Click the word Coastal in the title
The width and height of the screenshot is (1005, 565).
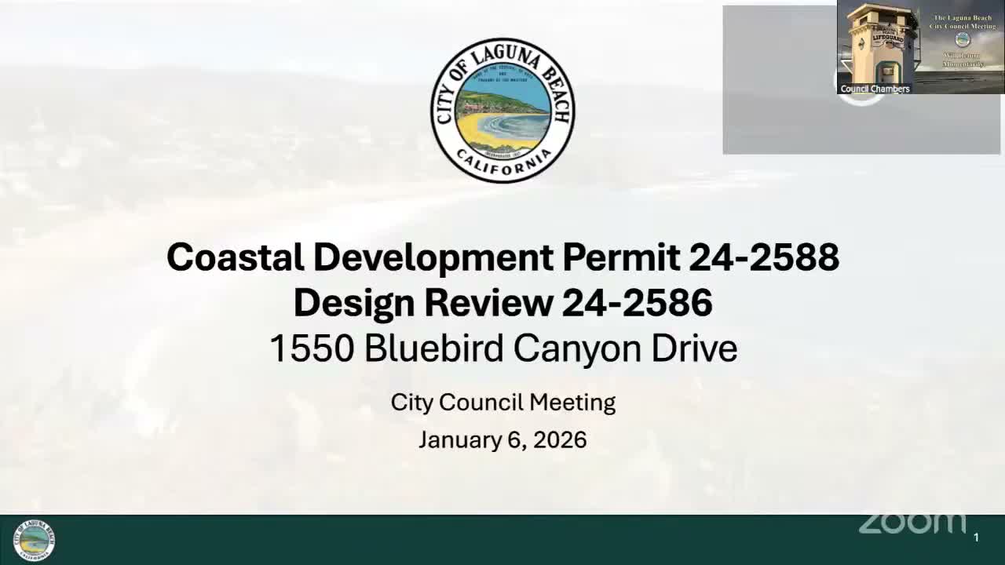[x=235, y=257]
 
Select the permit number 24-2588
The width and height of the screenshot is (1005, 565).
[x=764, y=257]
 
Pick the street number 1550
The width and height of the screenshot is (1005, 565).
[x=312, y=348]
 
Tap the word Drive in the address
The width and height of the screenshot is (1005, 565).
[x=694, y=348]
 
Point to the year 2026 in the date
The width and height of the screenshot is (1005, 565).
[x=560, y=439]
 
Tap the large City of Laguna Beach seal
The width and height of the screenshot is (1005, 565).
[x=502, y=111]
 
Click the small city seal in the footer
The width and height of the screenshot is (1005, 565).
[x=35, y=540]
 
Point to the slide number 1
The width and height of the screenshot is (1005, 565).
[x=976, y=538]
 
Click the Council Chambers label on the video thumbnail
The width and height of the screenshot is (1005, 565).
[x=875, y=89]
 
